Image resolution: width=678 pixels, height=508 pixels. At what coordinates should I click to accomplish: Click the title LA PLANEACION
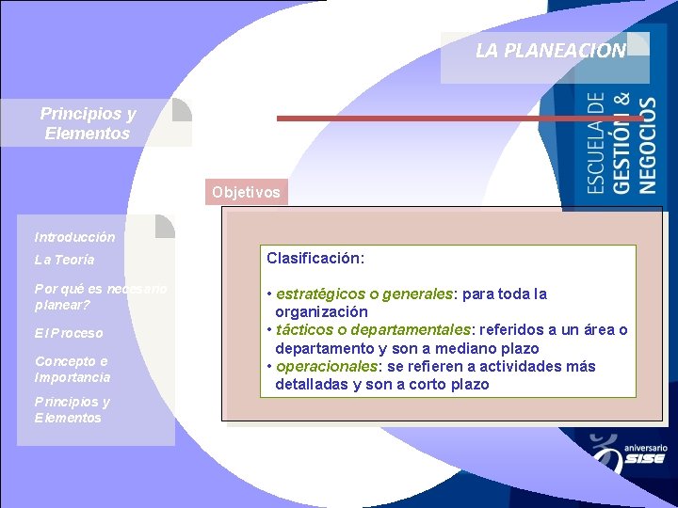(551, 51)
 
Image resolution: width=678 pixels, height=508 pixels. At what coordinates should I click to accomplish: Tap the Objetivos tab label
(246, 192)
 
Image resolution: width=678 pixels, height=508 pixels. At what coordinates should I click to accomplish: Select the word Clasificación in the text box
(315, 257)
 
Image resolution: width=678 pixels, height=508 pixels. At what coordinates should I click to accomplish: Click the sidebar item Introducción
(74, 237)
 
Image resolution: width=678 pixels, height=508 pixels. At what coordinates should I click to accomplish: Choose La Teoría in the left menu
(64, 260)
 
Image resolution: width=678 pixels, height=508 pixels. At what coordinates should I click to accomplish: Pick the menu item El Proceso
(69, 333)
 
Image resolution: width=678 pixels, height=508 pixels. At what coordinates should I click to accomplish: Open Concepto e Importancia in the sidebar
(73, 369)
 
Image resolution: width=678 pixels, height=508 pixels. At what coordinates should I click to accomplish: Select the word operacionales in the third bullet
(321, 366)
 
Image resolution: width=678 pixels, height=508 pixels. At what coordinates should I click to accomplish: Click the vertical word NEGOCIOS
(648, 145)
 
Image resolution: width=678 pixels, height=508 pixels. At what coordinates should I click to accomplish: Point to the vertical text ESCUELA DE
(597, 143)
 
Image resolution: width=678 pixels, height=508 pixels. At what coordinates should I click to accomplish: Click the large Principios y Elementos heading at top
(88, 123)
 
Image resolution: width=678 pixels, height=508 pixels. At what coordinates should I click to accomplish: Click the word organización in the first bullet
(321, 311)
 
